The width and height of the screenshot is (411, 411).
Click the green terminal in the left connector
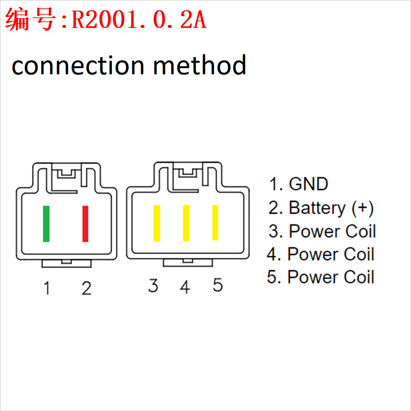pos(46,224)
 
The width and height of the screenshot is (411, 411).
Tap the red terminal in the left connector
pos(85,224)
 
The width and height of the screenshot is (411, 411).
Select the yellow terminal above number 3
pos(157,223)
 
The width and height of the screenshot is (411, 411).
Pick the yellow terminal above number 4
pos(186,223)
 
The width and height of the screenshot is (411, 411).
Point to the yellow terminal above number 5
pos(215,223)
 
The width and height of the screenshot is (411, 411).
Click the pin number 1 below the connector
pos(47,288)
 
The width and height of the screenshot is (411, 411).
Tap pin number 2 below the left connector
pos(87,288)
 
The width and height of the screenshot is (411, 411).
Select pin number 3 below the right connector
pos(153,285)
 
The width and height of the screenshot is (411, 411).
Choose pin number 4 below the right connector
pos(185,287)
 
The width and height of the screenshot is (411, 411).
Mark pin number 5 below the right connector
pos(218,285)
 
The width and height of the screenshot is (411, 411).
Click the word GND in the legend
pos(308,184)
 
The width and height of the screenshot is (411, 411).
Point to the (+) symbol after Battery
pos(363,209)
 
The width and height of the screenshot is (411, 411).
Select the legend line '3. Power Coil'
pos(322,231)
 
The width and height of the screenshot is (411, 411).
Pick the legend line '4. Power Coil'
pos(321,254)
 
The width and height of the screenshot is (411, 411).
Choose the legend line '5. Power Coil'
pos(321,277)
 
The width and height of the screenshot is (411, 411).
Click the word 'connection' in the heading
pos(78,66)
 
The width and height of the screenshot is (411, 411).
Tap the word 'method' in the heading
pos(200,64)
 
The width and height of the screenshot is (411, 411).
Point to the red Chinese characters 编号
pos(30,19)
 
